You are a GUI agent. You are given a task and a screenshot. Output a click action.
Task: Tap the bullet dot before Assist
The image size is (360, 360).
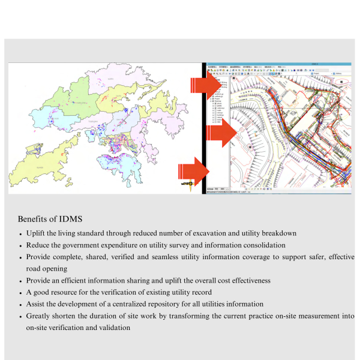click(21, 304)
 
